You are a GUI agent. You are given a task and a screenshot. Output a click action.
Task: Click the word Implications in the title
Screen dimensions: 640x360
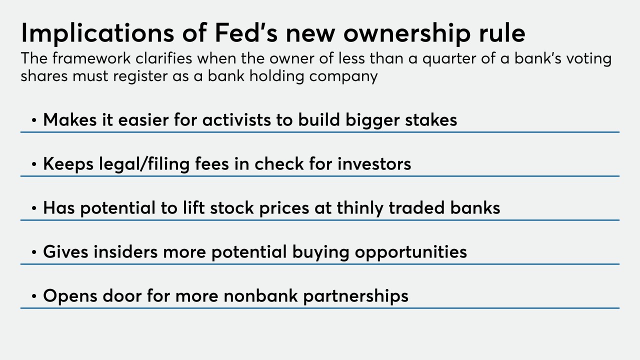point(97,33)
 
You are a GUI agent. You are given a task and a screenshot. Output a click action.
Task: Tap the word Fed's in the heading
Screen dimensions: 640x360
point(246,32)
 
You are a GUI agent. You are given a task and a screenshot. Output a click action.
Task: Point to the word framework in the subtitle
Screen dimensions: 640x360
point(91,58)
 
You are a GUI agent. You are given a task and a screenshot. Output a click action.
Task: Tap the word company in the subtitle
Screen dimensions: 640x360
point(343,77)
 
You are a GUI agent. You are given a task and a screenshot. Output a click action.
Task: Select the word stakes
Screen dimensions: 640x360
point(431,119)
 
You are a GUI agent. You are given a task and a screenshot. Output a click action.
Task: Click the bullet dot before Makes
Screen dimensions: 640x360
point(34,120)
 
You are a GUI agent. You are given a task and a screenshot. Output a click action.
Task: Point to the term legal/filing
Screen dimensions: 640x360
point(144,164)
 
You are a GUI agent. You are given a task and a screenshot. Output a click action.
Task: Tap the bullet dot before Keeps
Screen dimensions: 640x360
point(34,164)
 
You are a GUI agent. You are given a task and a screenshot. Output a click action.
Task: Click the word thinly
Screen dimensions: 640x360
point(360,208)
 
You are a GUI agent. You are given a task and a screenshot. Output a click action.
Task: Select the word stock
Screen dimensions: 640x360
point(231,207)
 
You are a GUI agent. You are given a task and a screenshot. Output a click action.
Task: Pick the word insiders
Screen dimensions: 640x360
point(125,251)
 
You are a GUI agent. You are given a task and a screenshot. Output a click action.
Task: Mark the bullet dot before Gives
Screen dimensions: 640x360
point(34,252)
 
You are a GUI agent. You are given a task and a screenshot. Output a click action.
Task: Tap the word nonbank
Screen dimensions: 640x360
point(260,295)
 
